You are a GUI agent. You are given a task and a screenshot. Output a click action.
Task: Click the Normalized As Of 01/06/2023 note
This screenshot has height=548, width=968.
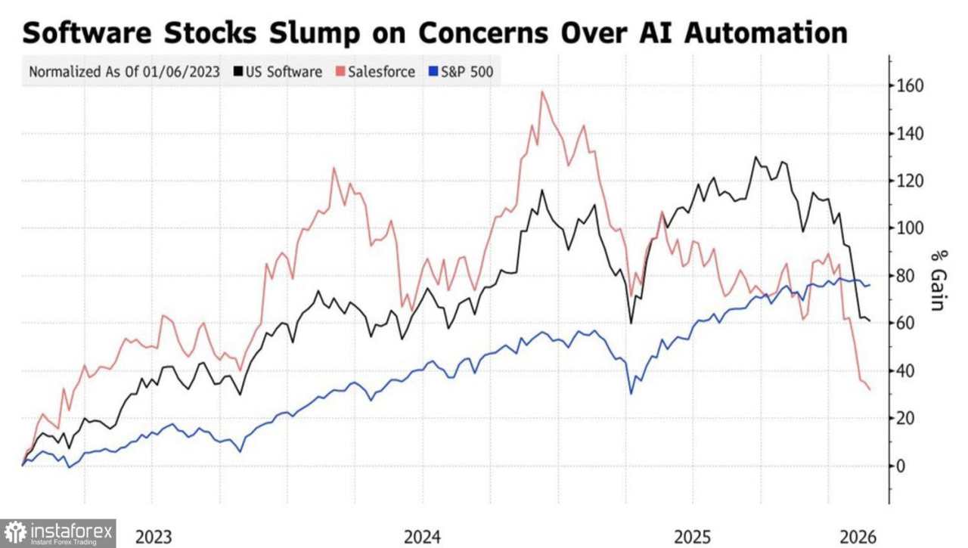coord(124,72)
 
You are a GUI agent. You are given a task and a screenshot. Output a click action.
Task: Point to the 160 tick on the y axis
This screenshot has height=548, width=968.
coord(910,86)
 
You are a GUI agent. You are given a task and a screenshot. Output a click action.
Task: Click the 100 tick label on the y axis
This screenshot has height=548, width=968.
coord(910,228)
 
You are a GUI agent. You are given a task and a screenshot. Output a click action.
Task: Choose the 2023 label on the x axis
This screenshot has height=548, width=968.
coord(154,537)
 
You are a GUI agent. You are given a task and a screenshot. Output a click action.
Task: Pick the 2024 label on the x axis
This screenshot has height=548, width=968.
coord(423,537)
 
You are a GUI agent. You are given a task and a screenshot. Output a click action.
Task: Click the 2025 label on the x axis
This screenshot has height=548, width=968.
coord(693,537)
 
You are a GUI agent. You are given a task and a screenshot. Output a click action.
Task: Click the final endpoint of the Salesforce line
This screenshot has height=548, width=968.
coord(870,389)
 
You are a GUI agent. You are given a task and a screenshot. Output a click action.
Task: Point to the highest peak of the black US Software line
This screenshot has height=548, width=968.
coord(755,157)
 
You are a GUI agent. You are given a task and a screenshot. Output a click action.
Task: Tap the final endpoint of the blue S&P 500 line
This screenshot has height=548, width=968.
coord(870,285)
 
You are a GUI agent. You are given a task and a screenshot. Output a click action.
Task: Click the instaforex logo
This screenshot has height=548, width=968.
coord(58,533)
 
